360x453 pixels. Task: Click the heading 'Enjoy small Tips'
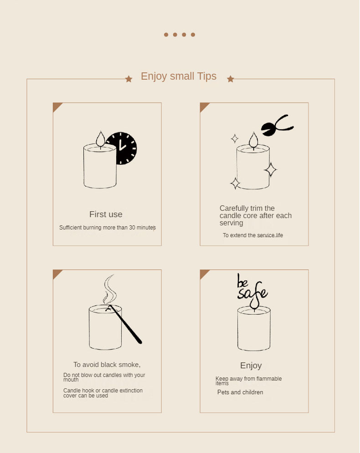(179, 76)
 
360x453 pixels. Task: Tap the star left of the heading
(129, 79)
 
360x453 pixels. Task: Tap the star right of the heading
(231, 79)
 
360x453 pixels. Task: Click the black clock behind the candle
(124, 148)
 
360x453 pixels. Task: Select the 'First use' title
(106, 214)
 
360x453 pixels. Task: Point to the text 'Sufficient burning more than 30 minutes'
(108, 228)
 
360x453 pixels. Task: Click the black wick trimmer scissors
(277, 125)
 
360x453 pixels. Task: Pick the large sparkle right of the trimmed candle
(271, 169)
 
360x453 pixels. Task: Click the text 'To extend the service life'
(253, 235)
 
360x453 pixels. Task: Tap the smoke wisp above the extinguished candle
(109, 289)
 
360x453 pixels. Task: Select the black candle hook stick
(126, 325)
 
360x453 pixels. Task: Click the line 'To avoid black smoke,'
(107, 365)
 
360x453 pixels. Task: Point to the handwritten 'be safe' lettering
(252, 288)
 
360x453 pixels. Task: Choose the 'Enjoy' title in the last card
(251, 366)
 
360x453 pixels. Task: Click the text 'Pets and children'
(240, 392)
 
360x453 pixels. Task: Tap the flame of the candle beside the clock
(100, 139)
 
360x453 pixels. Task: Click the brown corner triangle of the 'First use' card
(57, 106)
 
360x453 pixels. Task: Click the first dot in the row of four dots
(166, 35)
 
